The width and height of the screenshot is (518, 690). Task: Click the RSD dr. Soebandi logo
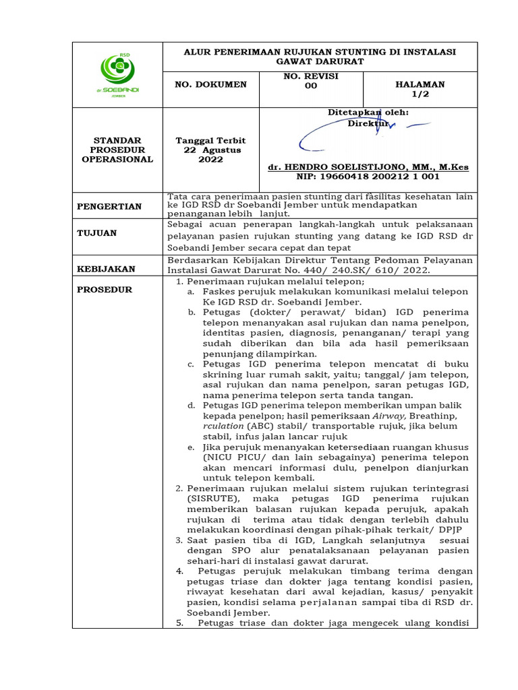click(x=117, y=74)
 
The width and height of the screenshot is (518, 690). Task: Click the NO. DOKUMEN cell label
click(x=210, y=85)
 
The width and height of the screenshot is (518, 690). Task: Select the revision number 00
click(x=310, y=86)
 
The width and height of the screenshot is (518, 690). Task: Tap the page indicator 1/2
click(x=420, y=94)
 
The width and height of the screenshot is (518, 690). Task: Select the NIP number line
click(x=368, y=177)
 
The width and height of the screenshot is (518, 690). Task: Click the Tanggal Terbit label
click(x=210, y=140)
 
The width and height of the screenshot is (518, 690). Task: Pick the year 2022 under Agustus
click(x=210, y=160)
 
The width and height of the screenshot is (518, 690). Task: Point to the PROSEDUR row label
click(x=104, y=290)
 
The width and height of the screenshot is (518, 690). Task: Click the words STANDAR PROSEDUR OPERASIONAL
click(x=117, y=150)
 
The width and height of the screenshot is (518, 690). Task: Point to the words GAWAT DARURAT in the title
click(x=320, y=62)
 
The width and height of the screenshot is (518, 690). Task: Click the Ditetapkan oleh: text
click(x=368, y=113)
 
